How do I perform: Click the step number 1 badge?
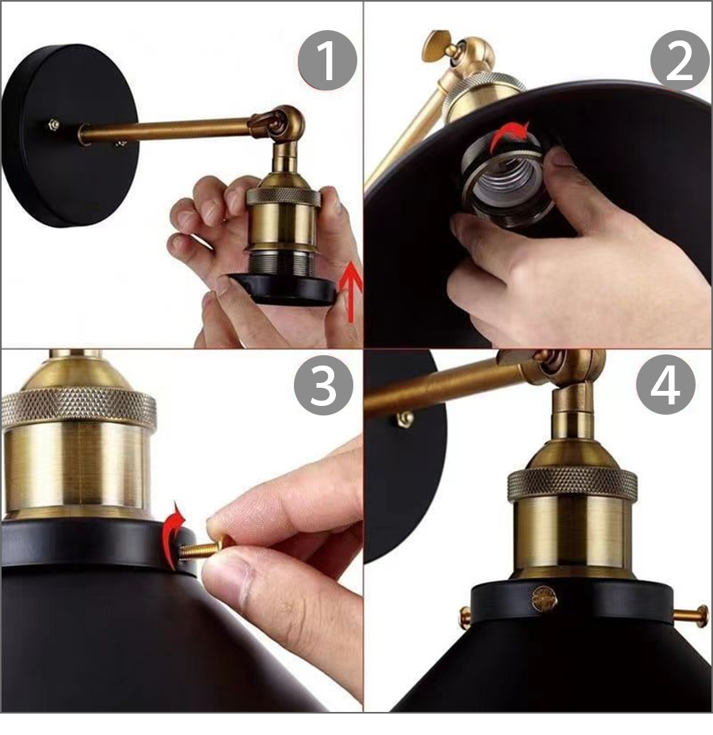[327, 60]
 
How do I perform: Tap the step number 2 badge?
[680, 60]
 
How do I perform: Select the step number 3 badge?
[324, 385]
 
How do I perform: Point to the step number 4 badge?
[665, 385]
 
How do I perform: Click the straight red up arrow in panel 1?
[350, 293]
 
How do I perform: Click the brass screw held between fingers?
[206, 546]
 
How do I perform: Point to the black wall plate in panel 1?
[71, 136]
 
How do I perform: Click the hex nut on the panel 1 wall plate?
[53, 124]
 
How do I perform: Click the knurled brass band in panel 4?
[572, 484]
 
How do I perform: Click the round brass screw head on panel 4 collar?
[544, 599]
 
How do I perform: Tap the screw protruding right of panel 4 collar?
[692, 616]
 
